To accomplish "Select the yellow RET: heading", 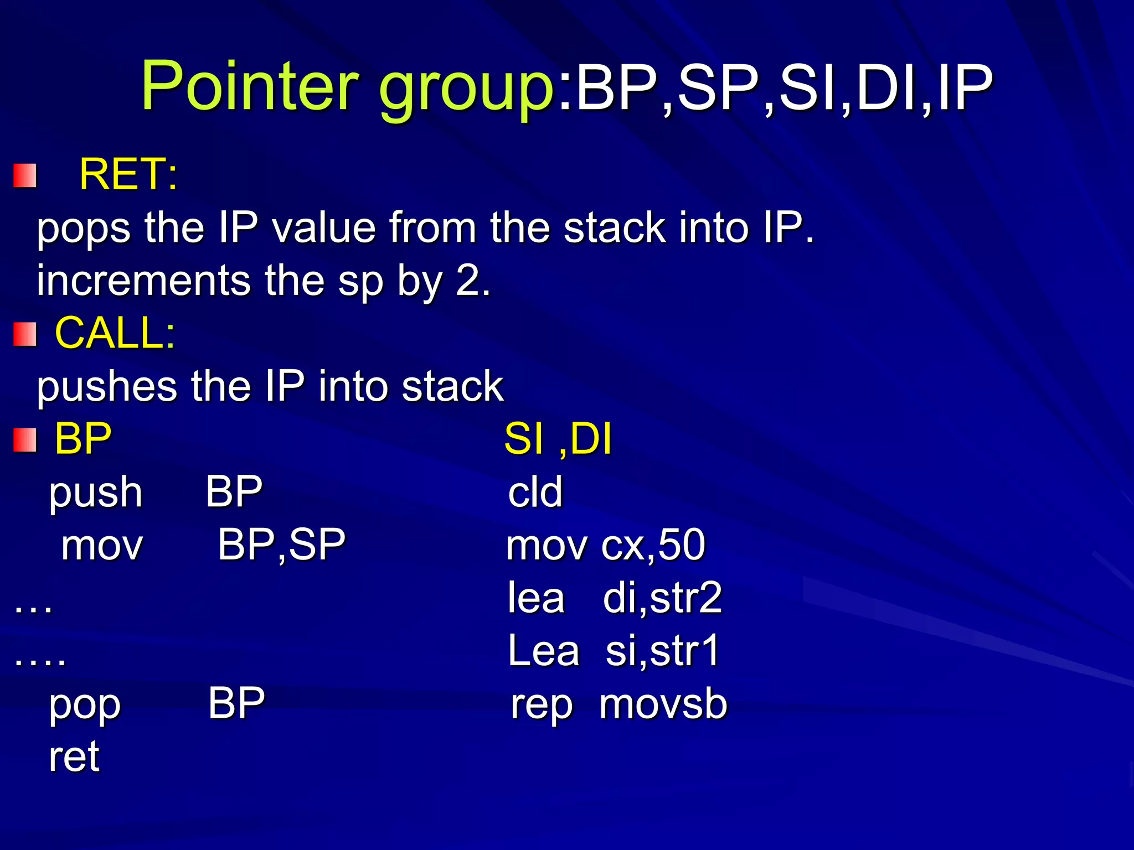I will point(128,174).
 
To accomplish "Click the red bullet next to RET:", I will point(25,176).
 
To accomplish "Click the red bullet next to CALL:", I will point(25,334).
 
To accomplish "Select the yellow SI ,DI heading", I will point(558,439).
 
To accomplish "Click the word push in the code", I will point(96,493).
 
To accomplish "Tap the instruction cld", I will point(535,491).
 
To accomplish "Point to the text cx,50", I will point(653,545).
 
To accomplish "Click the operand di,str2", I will point(662,598).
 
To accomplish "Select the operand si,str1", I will point(662,651).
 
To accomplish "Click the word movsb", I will point(663,704).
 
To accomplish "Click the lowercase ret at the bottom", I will point(74,756).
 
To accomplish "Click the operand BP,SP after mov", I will point(281,545).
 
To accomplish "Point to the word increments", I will point(144,281).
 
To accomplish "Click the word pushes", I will point(107,386).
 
